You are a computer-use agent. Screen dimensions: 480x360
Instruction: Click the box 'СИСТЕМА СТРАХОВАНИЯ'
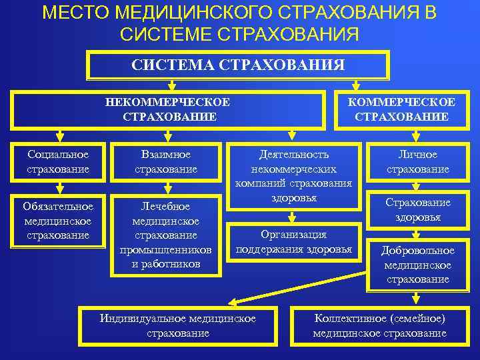(x=238, y=65)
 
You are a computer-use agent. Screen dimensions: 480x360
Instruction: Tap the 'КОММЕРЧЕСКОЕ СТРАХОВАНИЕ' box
(x=401, y=109)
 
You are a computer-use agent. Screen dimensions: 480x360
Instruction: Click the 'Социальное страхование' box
(x=58, y=162)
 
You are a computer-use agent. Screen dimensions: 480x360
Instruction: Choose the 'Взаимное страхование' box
(x=166, y=162)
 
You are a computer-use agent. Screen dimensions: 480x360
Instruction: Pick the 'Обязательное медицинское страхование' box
(x=58, y=221)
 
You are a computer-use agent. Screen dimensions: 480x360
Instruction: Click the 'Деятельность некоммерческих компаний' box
(x=293, y=176)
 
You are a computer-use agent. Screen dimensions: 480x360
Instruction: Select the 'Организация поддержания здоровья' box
(x=293, y=242)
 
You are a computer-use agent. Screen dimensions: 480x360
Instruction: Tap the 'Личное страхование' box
(x=419, y=162)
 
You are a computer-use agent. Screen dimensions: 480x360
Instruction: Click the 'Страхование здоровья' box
(x=419, y=210)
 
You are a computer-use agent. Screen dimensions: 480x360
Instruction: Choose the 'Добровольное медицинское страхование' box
(x=417, y=265)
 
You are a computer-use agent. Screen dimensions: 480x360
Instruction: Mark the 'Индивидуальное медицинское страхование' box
(x=178, y=326)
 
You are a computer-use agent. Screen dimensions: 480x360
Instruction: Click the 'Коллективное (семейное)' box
(x=379, y=326)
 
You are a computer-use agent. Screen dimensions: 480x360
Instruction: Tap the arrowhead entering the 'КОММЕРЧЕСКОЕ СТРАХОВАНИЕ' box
(x=356, y=87)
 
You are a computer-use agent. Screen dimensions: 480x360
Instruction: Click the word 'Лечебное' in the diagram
(x=166, y=207)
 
